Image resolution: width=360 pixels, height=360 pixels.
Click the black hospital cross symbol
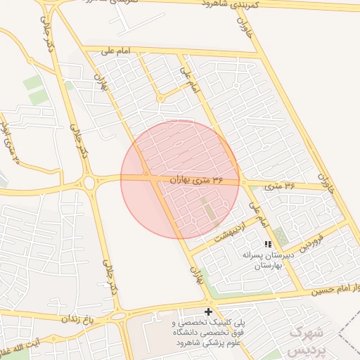click(208, 311)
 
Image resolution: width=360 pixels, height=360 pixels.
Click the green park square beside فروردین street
click(281, 236)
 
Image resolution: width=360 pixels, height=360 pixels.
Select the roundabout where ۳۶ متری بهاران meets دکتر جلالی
click(89, 184)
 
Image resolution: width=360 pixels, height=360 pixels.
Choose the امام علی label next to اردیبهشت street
click(259, 215)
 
